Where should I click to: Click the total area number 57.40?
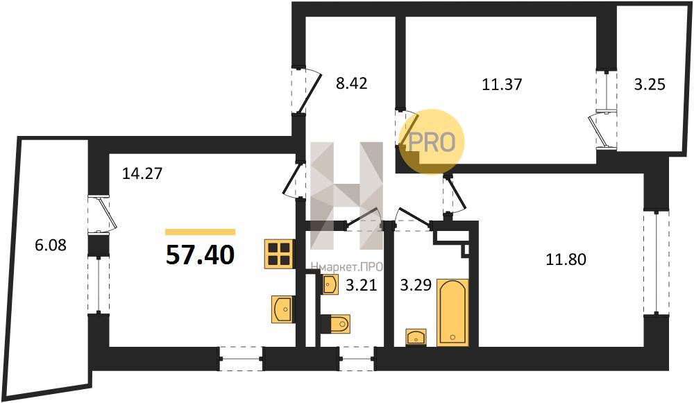coord(200,255)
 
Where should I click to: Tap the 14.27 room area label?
coord(142,173)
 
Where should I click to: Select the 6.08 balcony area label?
coord(51,245)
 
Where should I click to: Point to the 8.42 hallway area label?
coord(351,83)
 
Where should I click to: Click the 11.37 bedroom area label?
coord(502,84)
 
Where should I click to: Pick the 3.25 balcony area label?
coord(650,84)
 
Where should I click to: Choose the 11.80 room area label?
coord(566,259)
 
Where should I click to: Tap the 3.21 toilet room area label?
coord(361,285)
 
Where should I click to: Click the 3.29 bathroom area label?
coord(416,285)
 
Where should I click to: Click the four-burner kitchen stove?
coord(279,254)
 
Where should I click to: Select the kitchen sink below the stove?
coord(283,309)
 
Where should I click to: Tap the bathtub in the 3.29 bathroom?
coord(452,312)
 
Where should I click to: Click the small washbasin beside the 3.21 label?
coord(330,284)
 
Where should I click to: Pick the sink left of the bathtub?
coord(416,337)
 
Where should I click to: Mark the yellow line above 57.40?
coord(200,232)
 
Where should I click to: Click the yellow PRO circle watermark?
coord(432,142)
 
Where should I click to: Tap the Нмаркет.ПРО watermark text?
coord(346,267)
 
